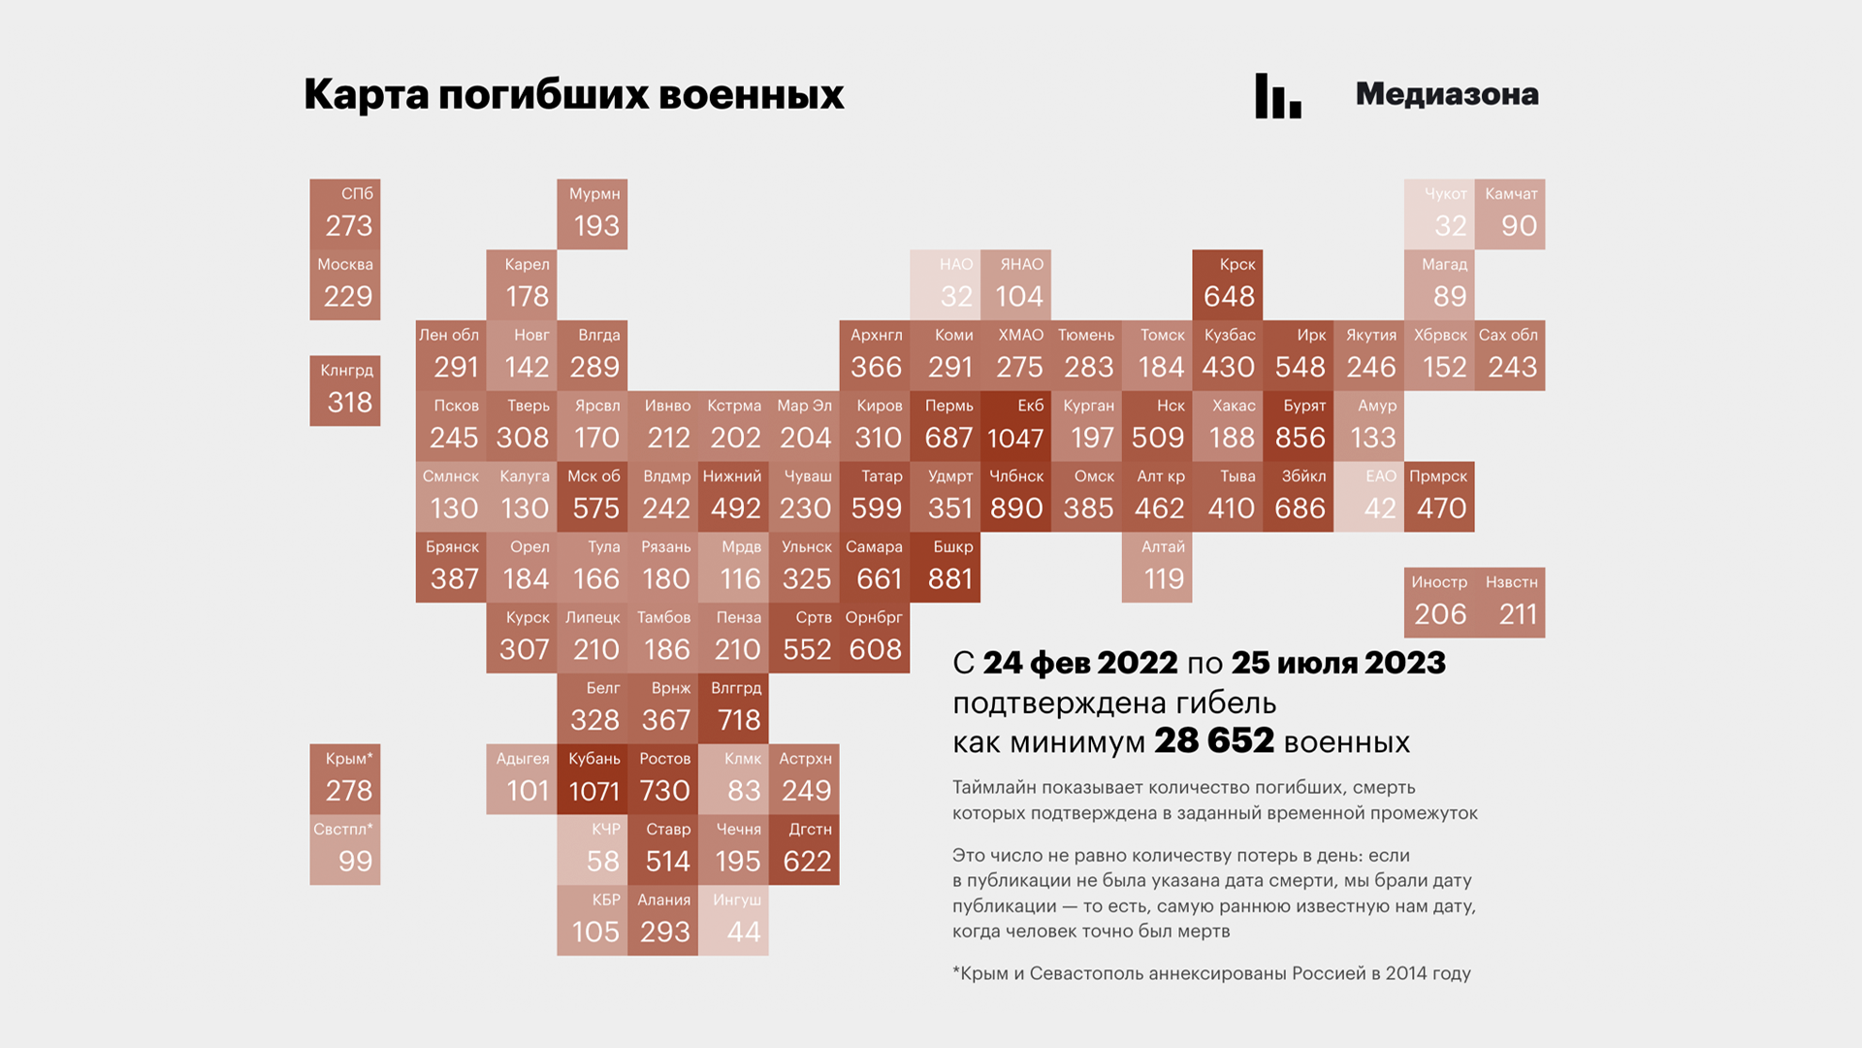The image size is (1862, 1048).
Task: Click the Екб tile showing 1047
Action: click(x=1015, y=426)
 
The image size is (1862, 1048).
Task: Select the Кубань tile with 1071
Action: click(x=593, y=779)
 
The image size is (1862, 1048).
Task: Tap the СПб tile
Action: click(x=345, y=213)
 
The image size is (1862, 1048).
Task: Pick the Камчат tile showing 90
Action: click(x=1510, y=213)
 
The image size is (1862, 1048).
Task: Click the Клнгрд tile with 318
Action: click(x=345, y=390)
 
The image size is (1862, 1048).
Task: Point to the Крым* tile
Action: click(x=345, y=779)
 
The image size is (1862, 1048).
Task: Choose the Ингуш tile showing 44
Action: click(x=734, y=920)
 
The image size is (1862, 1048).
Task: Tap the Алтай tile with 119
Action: click(x=1157, y=567)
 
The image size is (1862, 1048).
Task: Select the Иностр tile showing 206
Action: click(x=1439, y=603)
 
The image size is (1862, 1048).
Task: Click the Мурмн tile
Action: click(x=593, y=213)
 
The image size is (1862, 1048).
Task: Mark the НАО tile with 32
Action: click(x=946, y=284)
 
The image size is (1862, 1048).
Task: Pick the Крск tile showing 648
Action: click(x=1228, y=284)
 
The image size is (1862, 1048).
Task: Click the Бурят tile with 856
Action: click(x=1299, y=426)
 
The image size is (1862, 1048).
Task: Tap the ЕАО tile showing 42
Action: click(x=1368, y=497)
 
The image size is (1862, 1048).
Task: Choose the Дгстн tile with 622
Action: click(x=804, y=849)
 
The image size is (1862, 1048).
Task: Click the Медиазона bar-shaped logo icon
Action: click(x=1277, y=96)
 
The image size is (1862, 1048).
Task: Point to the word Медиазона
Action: click(x=1446, y=94)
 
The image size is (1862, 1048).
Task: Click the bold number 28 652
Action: click(x=1213, y=740)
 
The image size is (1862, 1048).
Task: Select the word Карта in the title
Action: click(x=366, y=95)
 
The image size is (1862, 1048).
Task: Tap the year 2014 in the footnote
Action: click(x=1406, y=973)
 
